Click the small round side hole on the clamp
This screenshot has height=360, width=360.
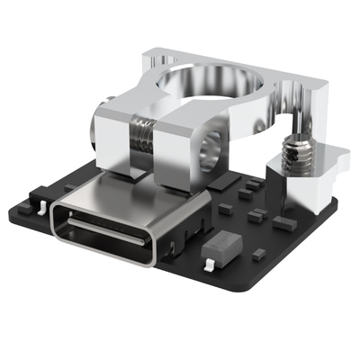click(x=217, y=144)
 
